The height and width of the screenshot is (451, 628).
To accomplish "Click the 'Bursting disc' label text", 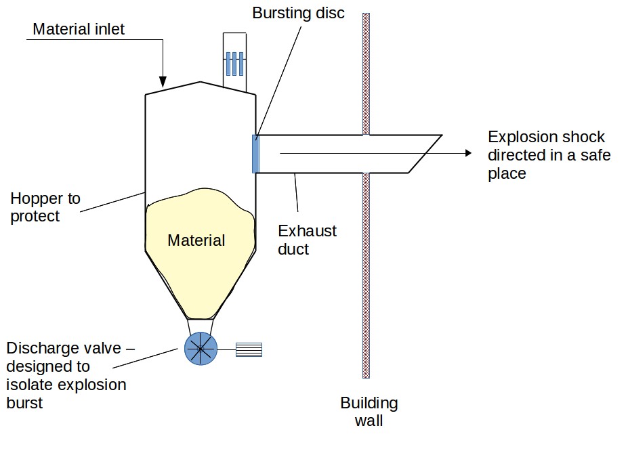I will (x=298, y=13).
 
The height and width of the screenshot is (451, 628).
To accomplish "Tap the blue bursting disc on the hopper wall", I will (x=255, y=154).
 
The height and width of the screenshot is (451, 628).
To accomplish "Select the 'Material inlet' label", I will (x=79, y=29).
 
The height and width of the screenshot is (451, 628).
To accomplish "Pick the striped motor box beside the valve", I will (x=248, y=349).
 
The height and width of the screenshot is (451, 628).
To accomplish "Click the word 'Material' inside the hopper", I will (x=196, y=240).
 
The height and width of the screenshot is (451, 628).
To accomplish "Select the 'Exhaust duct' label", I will (x=307, y=240).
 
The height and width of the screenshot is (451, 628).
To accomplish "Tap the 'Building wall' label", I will (x=369, y=412).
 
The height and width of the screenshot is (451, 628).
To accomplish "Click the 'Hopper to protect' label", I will (x=45, y=207).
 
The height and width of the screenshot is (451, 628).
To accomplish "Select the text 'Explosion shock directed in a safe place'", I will (x=549, y=154).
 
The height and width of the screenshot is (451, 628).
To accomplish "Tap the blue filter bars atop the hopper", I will (x=234, y=63).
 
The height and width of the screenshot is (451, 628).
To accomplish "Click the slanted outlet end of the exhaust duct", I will (x=425, y=154).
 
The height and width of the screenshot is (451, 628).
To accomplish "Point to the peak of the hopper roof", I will (x=201, y=82).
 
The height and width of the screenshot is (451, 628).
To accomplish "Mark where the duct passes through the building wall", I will (x=367, y=154).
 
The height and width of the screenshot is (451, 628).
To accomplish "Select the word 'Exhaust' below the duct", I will (x=307, y=231).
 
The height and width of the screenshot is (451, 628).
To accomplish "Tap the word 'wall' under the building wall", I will (x=369, y=421).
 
